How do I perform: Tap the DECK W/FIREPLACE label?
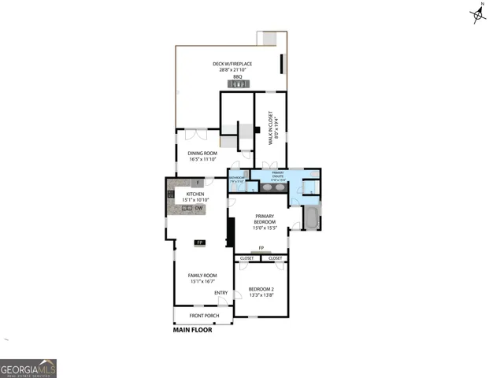tap(230, 67)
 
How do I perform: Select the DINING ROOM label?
tap(202, 156)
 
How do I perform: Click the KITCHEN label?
tap(194, 197)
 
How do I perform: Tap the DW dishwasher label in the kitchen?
tap(199, 208)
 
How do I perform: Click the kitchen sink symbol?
tap(187, 208)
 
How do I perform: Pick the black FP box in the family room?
tap(200, 243)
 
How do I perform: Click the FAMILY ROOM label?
tap(202, 278)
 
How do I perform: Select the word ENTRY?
tap(221, 293)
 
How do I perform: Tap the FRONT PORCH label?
tap(203, 316)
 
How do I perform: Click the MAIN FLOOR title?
tap(193, 330)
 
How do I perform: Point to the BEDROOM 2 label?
tap(261, 291)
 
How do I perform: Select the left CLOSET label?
tap(246, 258)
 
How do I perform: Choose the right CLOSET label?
tap(275, 258)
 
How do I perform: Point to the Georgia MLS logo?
tap(28, 368)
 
